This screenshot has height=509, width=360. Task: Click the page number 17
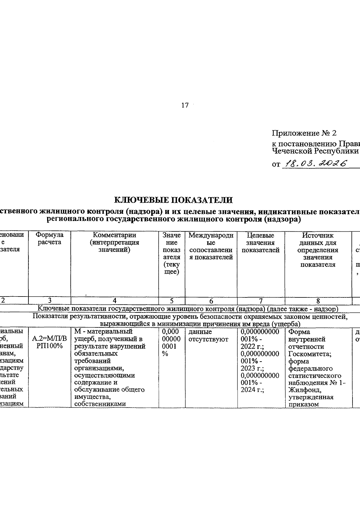[x=185, y=105]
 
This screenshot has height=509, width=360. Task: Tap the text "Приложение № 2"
[x=304, y=133]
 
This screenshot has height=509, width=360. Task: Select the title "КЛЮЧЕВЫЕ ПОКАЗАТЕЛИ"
[x=174, y=200]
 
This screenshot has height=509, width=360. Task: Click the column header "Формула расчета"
[x=49, y=239]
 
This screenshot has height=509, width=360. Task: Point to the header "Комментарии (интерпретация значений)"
[x=114, y=242]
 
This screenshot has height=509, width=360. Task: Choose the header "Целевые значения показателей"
[x=261, y=242]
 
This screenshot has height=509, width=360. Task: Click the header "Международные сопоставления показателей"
[x=211, y=246]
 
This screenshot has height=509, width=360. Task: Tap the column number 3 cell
[x=49, y=300]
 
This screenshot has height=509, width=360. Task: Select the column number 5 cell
[x=172, y=300]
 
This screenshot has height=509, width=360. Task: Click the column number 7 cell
[x=261, y=300]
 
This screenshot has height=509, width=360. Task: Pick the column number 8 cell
[x=318, y=300]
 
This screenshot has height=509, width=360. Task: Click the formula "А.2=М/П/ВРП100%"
[x=49, y=342]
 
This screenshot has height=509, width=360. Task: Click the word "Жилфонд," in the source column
[x=303, y=390]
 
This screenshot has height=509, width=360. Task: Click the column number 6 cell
[x=211, y=300]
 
